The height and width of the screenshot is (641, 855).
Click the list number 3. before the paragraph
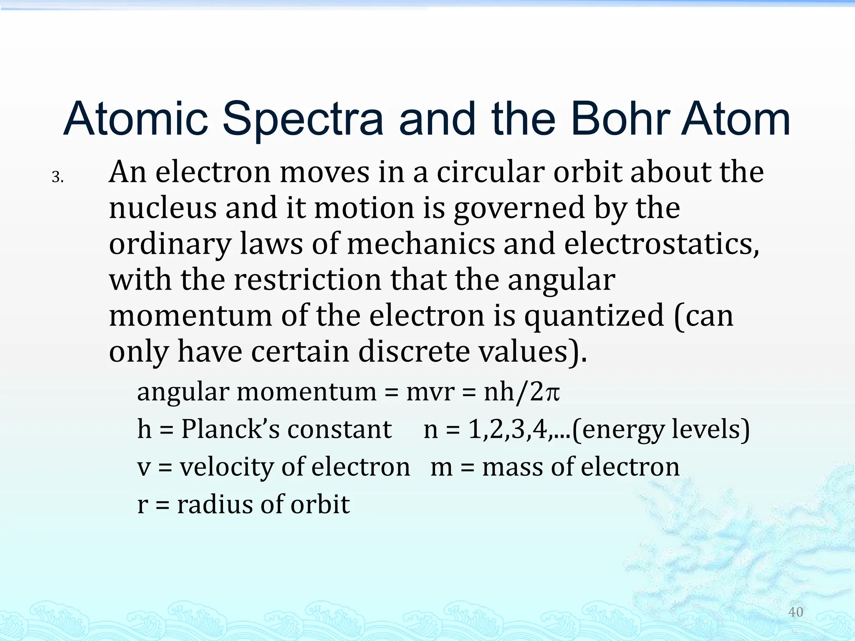click(58, 177)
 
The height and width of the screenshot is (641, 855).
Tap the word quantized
click(594, 316)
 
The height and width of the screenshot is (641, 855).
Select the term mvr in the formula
click(430, 392)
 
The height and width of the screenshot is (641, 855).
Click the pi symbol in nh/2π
click(552, 393)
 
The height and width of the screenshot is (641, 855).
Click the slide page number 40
click(795, 612)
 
